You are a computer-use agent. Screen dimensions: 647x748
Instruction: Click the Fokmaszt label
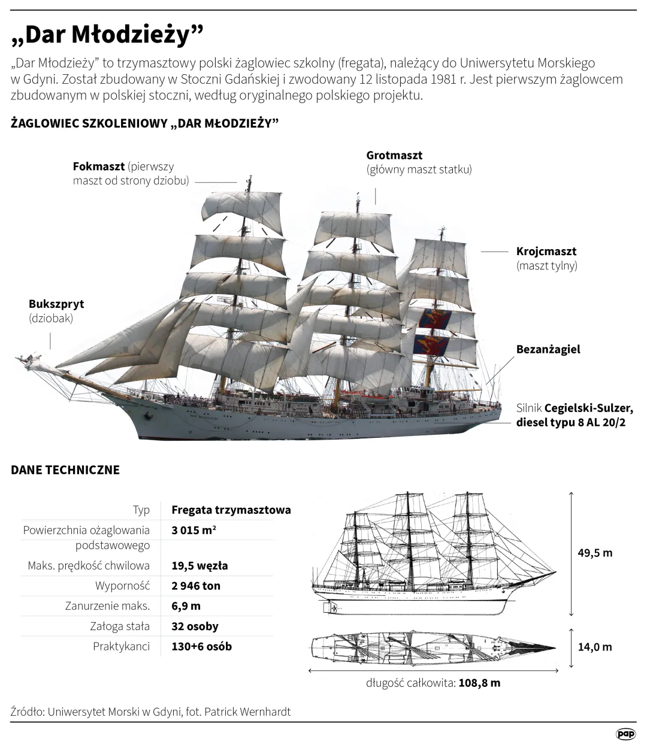tap(99, 166)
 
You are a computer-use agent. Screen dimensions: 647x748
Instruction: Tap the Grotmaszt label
tap(394, 155)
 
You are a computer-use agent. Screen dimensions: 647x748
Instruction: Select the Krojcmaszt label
tap(546, 251)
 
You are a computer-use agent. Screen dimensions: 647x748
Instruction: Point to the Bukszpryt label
tap(56, 304)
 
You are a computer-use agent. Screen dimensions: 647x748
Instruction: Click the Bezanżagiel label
tap(548, 349)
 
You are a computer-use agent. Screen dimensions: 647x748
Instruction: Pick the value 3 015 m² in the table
tap(194, 530)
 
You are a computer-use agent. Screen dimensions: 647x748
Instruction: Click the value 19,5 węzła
tap(200, 565)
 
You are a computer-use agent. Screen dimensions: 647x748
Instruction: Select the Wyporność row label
tap(122, 586)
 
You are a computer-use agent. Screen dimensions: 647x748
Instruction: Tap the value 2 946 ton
tap(196, 586)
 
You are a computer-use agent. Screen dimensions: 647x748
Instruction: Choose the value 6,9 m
tap(186, 606)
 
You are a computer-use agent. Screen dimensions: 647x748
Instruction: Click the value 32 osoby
tap(195, 626)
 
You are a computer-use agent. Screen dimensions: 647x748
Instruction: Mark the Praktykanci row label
tap(121, 646)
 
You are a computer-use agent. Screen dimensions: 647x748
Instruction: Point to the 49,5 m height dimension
tap(595, 553)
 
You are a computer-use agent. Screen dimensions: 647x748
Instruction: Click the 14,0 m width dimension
tap(595, 647)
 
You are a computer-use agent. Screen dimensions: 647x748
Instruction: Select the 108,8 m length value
tap(479, 683)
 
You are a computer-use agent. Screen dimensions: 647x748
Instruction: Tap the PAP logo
tap(625, 734)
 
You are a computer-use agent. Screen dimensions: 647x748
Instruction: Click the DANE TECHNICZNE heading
tap(65, 470)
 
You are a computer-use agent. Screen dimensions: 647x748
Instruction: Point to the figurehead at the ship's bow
tap(28, 360)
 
